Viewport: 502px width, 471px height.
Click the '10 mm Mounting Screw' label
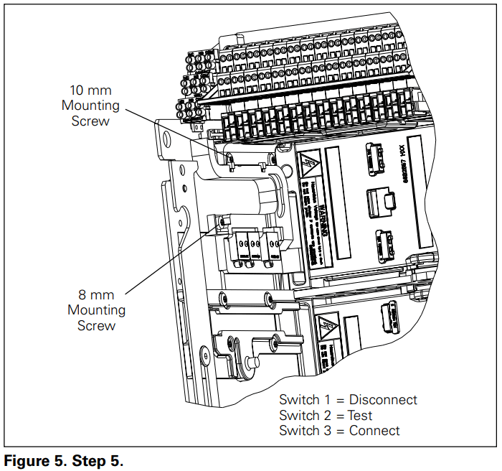(90, 106)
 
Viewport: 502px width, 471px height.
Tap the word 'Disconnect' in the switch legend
(383, 400)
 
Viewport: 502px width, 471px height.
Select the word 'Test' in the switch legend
(361, 416)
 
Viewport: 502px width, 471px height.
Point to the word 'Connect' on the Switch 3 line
(374, 431)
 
